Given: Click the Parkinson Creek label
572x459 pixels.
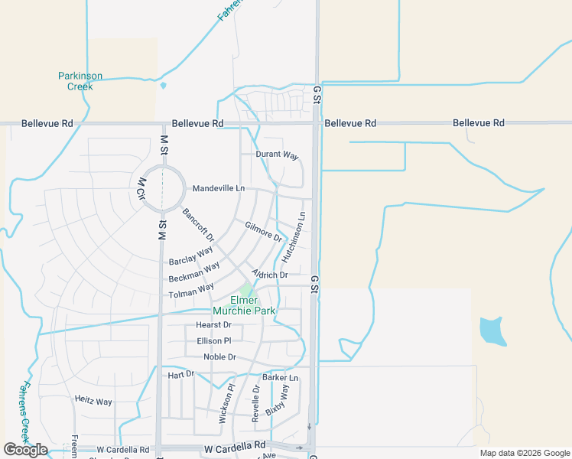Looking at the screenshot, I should tap(80, 81).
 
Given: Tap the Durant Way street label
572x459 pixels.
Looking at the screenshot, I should tap(277, 155).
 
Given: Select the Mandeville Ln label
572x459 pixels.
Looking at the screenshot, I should tap(219, 188).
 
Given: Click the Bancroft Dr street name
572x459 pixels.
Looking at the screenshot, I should tap(198, 224).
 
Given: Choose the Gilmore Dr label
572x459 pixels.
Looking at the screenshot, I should tap(264, 230).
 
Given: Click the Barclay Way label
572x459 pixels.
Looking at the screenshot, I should tap(191, 255).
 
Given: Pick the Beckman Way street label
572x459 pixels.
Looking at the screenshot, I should tap(194, 272).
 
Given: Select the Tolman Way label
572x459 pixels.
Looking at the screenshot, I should tap(191, 291).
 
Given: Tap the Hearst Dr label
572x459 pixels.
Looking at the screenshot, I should tap(213, 325).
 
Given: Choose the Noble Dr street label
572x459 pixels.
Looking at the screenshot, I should tap(220, 357).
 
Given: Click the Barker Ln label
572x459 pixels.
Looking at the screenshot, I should tap(280, 378).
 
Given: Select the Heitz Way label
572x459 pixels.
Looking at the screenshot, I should tap(93, 401).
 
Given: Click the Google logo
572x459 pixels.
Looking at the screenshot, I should tap(25, 450).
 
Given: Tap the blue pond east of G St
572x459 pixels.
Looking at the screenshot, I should tap(492, 330).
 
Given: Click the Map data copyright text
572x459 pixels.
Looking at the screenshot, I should tap(524, 453).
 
